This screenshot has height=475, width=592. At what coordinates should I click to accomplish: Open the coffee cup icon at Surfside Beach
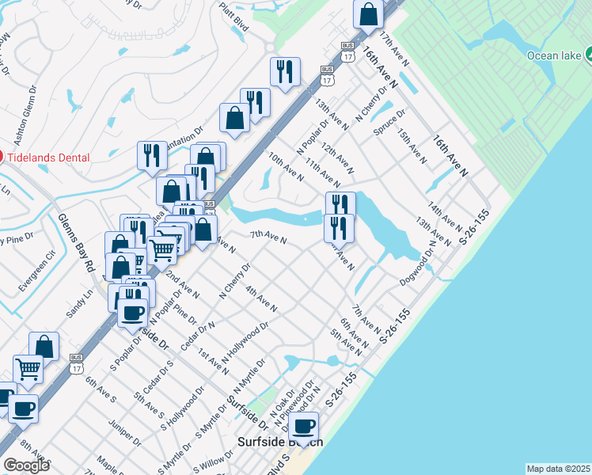tap(303, 427)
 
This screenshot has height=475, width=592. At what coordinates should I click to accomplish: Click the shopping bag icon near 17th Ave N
tap(369, 13)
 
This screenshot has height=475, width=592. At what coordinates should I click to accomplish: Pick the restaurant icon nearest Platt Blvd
tap(285, 72)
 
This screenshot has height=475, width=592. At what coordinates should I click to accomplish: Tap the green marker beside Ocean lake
tap(588, 55)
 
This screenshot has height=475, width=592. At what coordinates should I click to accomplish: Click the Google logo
tap(25, 465)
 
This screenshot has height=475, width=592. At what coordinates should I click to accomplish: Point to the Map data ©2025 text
tap(558, 469)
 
